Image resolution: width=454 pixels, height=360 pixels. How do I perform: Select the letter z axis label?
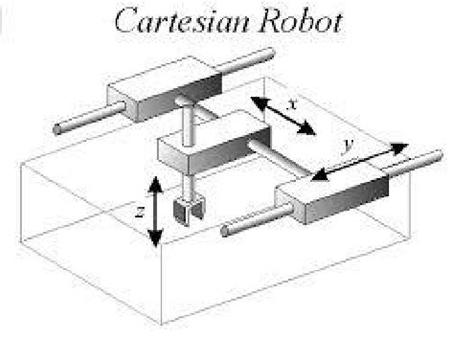(139, 213)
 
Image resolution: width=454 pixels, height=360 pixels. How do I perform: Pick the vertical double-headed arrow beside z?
(153, 211)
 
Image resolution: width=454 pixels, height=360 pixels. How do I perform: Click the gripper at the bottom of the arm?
(183, 206)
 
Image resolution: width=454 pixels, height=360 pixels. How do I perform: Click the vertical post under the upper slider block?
(189, 123)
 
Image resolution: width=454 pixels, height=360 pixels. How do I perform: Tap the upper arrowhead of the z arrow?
(153, 179)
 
